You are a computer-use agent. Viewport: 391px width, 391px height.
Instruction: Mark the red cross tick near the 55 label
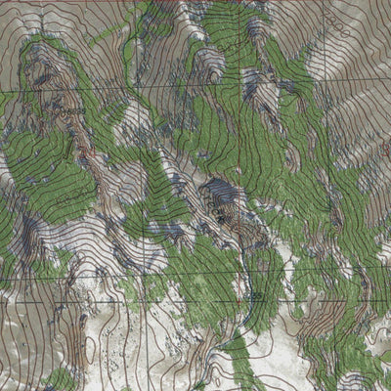pyautogui.click(x=244, y=293)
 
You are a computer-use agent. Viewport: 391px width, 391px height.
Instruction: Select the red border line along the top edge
pyautogui.click(x=195, y=2)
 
